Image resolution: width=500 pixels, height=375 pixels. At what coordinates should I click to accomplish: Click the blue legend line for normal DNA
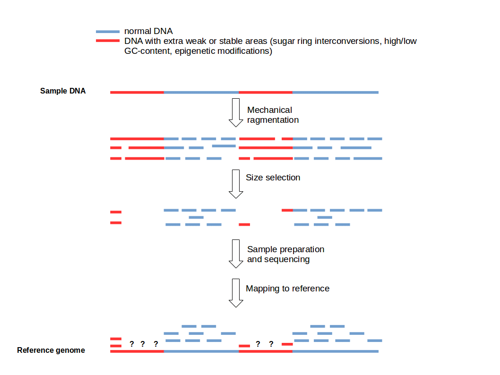pos(108,32)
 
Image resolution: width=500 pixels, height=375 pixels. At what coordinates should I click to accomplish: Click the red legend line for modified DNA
pos(108,41)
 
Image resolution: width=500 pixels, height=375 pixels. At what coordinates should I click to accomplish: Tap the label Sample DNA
pos(63,91)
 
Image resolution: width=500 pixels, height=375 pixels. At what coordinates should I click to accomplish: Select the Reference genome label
pos(51,350)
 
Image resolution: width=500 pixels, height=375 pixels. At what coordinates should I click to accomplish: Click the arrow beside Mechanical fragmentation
pos(235,112)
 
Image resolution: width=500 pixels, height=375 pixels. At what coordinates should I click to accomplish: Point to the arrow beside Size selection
pos(235,184)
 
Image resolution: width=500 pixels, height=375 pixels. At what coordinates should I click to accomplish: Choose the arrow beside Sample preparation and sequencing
pos(235,254)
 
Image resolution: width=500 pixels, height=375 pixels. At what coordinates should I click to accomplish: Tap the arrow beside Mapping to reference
pos(235,293)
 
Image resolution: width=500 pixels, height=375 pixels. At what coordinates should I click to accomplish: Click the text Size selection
pos(273,178)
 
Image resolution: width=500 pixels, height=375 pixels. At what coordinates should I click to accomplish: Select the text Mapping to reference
pos(287,289)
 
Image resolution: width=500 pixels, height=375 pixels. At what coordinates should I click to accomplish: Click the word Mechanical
pos(269,110)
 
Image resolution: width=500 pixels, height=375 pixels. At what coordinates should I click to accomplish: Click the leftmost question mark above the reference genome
pos(132,344)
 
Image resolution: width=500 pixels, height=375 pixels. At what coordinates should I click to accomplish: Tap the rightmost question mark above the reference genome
pos(271,344)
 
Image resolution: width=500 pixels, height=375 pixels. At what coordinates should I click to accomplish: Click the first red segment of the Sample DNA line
pos(137,92)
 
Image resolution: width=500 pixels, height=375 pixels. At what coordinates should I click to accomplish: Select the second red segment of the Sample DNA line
pos(266,92)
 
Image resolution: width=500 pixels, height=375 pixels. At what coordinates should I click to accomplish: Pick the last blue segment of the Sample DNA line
pos(336,92)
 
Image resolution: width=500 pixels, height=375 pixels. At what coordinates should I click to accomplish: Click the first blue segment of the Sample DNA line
pos(201,92)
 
